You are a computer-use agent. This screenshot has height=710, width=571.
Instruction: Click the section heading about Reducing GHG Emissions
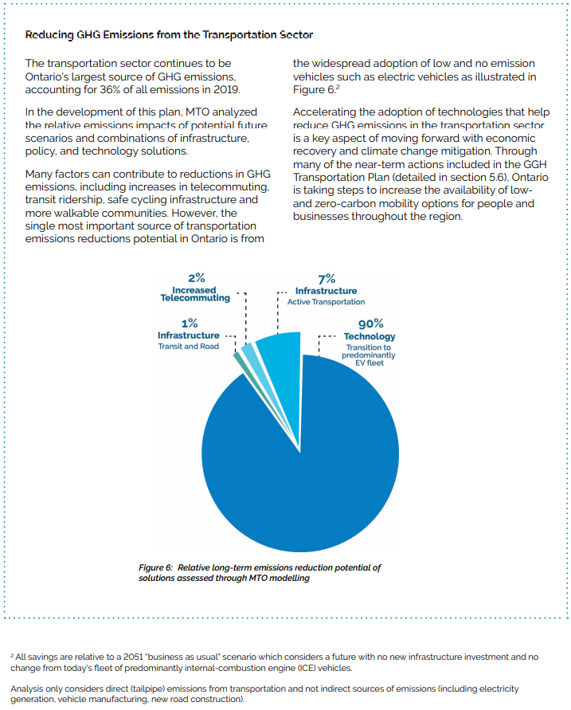tap(169, 35)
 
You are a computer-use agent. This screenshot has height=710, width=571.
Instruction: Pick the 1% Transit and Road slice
tap(238, 359)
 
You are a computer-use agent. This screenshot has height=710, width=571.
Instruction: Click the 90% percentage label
tap(370, 324)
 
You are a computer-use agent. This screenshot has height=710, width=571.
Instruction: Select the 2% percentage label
tap(196, 277)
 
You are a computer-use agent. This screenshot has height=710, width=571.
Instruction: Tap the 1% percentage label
tap(189, 323)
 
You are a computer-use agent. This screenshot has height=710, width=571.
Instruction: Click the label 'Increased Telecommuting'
tap(195, 294)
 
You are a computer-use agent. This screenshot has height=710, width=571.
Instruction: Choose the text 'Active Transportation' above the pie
tap(326, 302)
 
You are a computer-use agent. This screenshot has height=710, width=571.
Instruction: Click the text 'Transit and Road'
tap(188, 347)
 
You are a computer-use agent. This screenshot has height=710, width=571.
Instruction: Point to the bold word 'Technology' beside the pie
tap(370, 336)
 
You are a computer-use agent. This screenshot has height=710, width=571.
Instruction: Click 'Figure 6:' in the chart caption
tap(156, 567)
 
